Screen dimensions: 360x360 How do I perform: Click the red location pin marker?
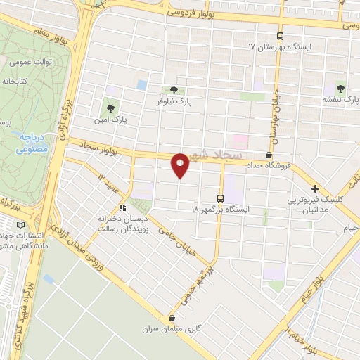(x=181, y=165)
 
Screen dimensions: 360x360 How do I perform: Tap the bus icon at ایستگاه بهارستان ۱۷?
(x=281, y=35)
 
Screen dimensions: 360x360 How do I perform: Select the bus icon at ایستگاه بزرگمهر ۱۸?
(x=221, y=199)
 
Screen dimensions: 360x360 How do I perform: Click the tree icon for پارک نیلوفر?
(x=173, y=90)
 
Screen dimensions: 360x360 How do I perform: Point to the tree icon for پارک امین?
(x=110, y=108)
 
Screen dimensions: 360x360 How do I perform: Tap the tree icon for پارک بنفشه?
(x=340, y=89)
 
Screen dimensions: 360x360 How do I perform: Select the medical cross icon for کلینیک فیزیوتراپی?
(x=316, y=188)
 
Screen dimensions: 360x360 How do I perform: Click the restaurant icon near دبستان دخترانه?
(x=122, y=207)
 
